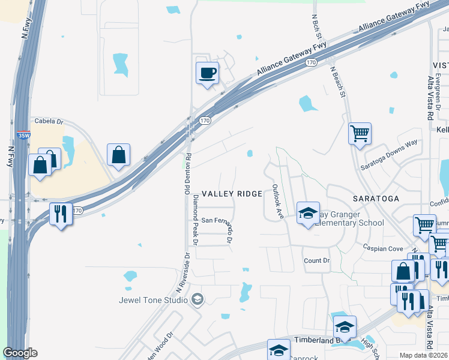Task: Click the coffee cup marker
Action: pos(207,73)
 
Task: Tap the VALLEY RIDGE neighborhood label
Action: pos(232,194)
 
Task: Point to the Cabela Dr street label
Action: pos(49,120)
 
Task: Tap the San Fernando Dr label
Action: pos(215,221)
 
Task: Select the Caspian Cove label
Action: pos(382,248)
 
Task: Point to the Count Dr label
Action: pos(317,260)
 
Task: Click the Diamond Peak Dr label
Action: pos(193,220)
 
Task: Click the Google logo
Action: pos(20,353)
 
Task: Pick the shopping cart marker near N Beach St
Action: pos(360,133)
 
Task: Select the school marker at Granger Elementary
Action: pos(308,213)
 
